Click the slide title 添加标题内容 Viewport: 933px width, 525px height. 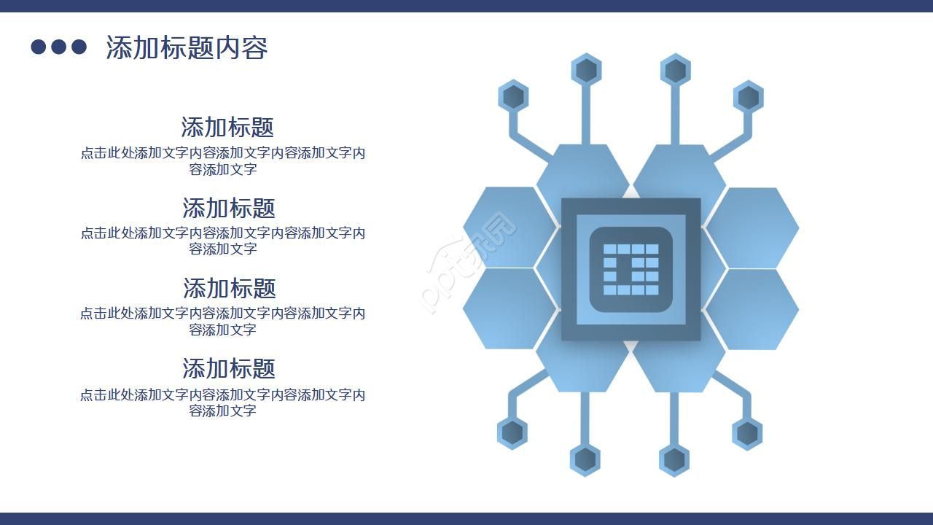tap(187, 47)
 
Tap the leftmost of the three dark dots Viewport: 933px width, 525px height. tap(39, 47)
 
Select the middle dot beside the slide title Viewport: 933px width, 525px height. tap(59, 47)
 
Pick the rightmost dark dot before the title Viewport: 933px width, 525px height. tap(79, 47)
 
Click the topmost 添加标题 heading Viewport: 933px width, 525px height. tap(227, 127)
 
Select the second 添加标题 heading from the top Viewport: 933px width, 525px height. tap(228, 208)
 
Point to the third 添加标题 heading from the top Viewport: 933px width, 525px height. tap(229, 288)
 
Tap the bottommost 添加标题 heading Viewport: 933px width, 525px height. tap(228, 368)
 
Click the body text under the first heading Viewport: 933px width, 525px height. tap(223, 161)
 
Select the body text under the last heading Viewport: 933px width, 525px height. tap(223, 402)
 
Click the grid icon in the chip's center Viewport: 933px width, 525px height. tap(631, 269)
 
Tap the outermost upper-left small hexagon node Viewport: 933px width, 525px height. tap(514, 97)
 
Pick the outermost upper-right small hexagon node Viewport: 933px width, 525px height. tap(748, 97)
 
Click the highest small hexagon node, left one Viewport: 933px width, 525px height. tap(586, 70)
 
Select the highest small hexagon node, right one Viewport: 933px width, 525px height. tap(676, 70)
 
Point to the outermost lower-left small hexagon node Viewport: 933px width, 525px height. tap(512, 432)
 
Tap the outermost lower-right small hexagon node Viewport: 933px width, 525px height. tap(747, 433)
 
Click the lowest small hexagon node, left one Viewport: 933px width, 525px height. tap(585, 459)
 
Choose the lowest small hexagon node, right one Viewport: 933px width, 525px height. tap(674, 459)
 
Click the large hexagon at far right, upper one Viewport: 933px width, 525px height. tap(752, 227)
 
